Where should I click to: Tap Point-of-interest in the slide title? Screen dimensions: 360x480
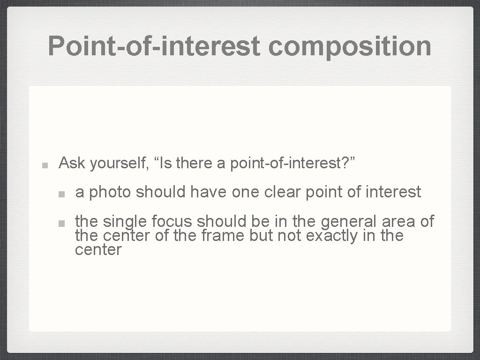[154, 46]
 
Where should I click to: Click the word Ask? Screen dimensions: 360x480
[72, 164]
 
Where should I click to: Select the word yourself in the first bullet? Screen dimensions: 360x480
[119, 164]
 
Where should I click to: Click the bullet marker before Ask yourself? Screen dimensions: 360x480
[44, 165]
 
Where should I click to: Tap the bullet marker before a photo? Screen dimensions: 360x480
[61, 193]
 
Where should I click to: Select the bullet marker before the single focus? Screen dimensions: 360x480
[61, 222]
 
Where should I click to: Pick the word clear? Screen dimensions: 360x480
[283, 192]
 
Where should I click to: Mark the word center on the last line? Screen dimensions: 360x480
[98, 250]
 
